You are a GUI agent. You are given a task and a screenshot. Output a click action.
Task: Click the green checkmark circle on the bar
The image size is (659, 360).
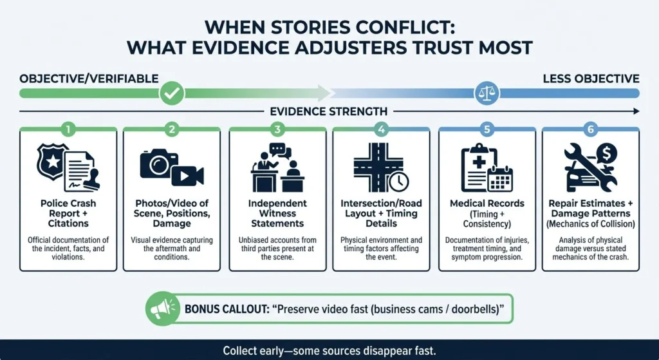(x=172, y=93)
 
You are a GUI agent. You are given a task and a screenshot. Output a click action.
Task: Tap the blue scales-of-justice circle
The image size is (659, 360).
(x=487, y=93)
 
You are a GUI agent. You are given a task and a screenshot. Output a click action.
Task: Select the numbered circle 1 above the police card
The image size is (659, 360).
(x=68, y=129)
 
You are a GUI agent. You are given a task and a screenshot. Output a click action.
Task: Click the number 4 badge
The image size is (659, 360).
(x=381, y=129)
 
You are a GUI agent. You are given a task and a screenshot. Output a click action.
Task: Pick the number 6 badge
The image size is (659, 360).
(x=591, y=129)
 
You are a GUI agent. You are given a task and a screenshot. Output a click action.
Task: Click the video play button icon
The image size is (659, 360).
(x=187, y=176)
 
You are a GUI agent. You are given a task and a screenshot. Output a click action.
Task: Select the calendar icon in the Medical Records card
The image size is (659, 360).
(x=500, y=180)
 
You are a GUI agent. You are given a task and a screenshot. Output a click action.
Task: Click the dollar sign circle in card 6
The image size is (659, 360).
(x=606, y=155)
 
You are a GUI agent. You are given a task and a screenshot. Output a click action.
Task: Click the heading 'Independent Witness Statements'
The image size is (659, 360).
(x=277, y=213)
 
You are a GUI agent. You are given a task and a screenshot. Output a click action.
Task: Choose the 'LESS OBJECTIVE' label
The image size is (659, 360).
(x=591, y=79)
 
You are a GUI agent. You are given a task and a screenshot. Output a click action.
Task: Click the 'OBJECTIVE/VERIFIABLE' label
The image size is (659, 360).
(x=89, y=79)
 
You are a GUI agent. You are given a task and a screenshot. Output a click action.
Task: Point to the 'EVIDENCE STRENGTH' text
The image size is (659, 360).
(x=329, y=111)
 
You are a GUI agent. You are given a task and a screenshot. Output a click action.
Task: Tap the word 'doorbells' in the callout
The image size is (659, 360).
(x=478, y=309)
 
